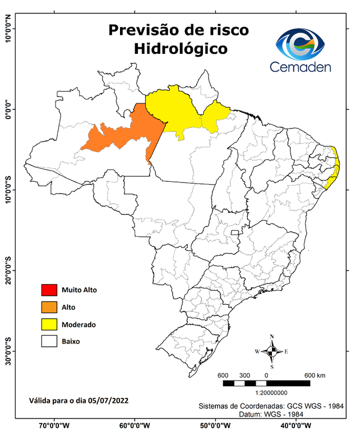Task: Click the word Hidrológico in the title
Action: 181,49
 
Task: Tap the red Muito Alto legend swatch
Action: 49,290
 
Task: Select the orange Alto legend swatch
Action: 49,307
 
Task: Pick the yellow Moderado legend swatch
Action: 49,324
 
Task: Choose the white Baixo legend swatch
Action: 49,341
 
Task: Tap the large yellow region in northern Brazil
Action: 174,109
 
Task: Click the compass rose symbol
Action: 271,351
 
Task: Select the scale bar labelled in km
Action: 266,383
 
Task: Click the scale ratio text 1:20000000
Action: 271,393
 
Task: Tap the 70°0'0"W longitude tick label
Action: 54,425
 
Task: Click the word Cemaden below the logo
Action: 301,67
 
